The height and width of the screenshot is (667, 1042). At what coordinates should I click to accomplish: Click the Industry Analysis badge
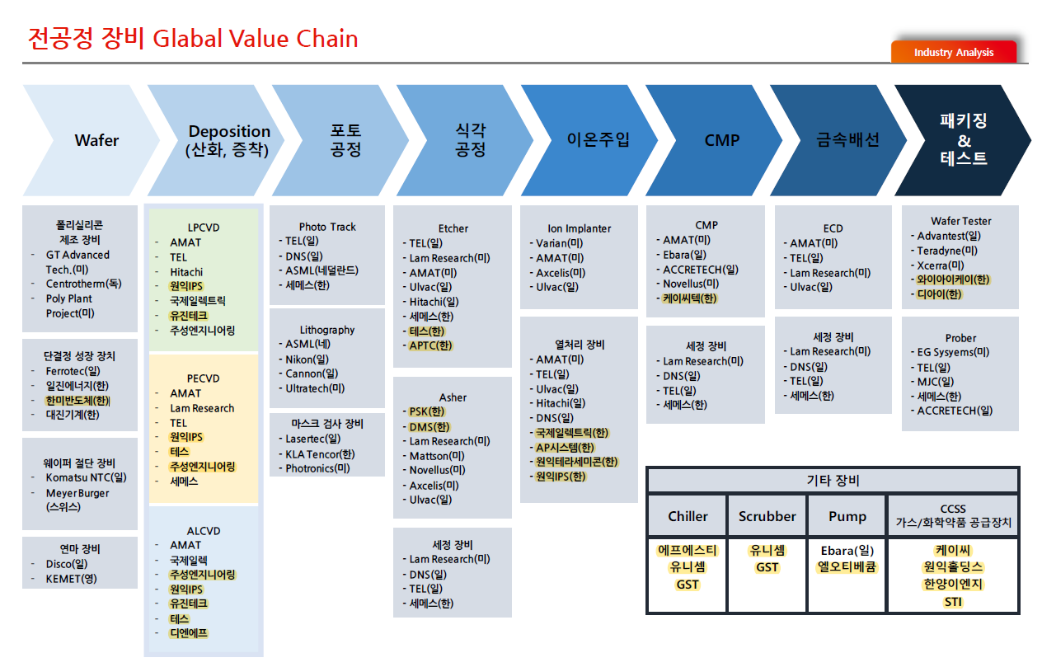pos(954,52)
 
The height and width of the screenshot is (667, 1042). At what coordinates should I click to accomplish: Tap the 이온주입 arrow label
pos(598,139)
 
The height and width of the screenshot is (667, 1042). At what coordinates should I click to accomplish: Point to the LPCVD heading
pos(204,228)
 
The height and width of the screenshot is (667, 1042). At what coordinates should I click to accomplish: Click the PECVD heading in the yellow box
pos(204,378)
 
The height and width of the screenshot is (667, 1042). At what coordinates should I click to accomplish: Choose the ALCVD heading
pos(204,531)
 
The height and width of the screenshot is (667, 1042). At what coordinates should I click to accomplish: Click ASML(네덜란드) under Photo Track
pos(322,270)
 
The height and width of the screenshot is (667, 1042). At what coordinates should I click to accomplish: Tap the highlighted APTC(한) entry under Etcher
pos(431,345)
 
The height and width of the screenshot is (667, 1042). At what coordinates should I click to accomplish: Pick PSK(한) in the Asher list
pos(427,411)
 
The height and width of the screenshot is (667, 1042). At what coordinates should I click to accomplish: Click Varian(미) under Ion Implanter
pos(559,243)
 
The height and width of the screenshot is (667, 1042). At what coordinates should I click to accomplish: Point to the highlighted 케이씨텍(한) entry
pos(690,298)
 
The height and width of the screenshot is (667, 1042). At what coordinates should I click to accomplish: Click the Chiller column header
pos(688,516)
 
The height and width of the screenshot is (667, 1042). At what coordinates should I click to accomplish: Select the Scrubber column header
pos(767,516)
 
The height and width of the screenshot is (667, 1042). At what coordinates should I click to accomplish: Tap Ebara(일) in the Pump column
pos(847,551)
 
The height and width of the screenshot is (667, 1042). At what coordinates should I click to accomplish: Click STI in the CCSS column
pos(953,603)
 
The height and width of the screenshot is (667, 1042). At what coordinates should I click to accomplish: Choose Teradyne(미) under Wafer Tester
pos(947,251)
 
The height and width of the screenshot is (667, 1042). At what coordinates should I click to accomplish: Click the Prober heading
pos(960,338)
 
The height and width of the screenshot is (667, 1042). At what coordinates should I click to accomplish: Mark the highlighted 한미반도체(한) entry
pos(77,401)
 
